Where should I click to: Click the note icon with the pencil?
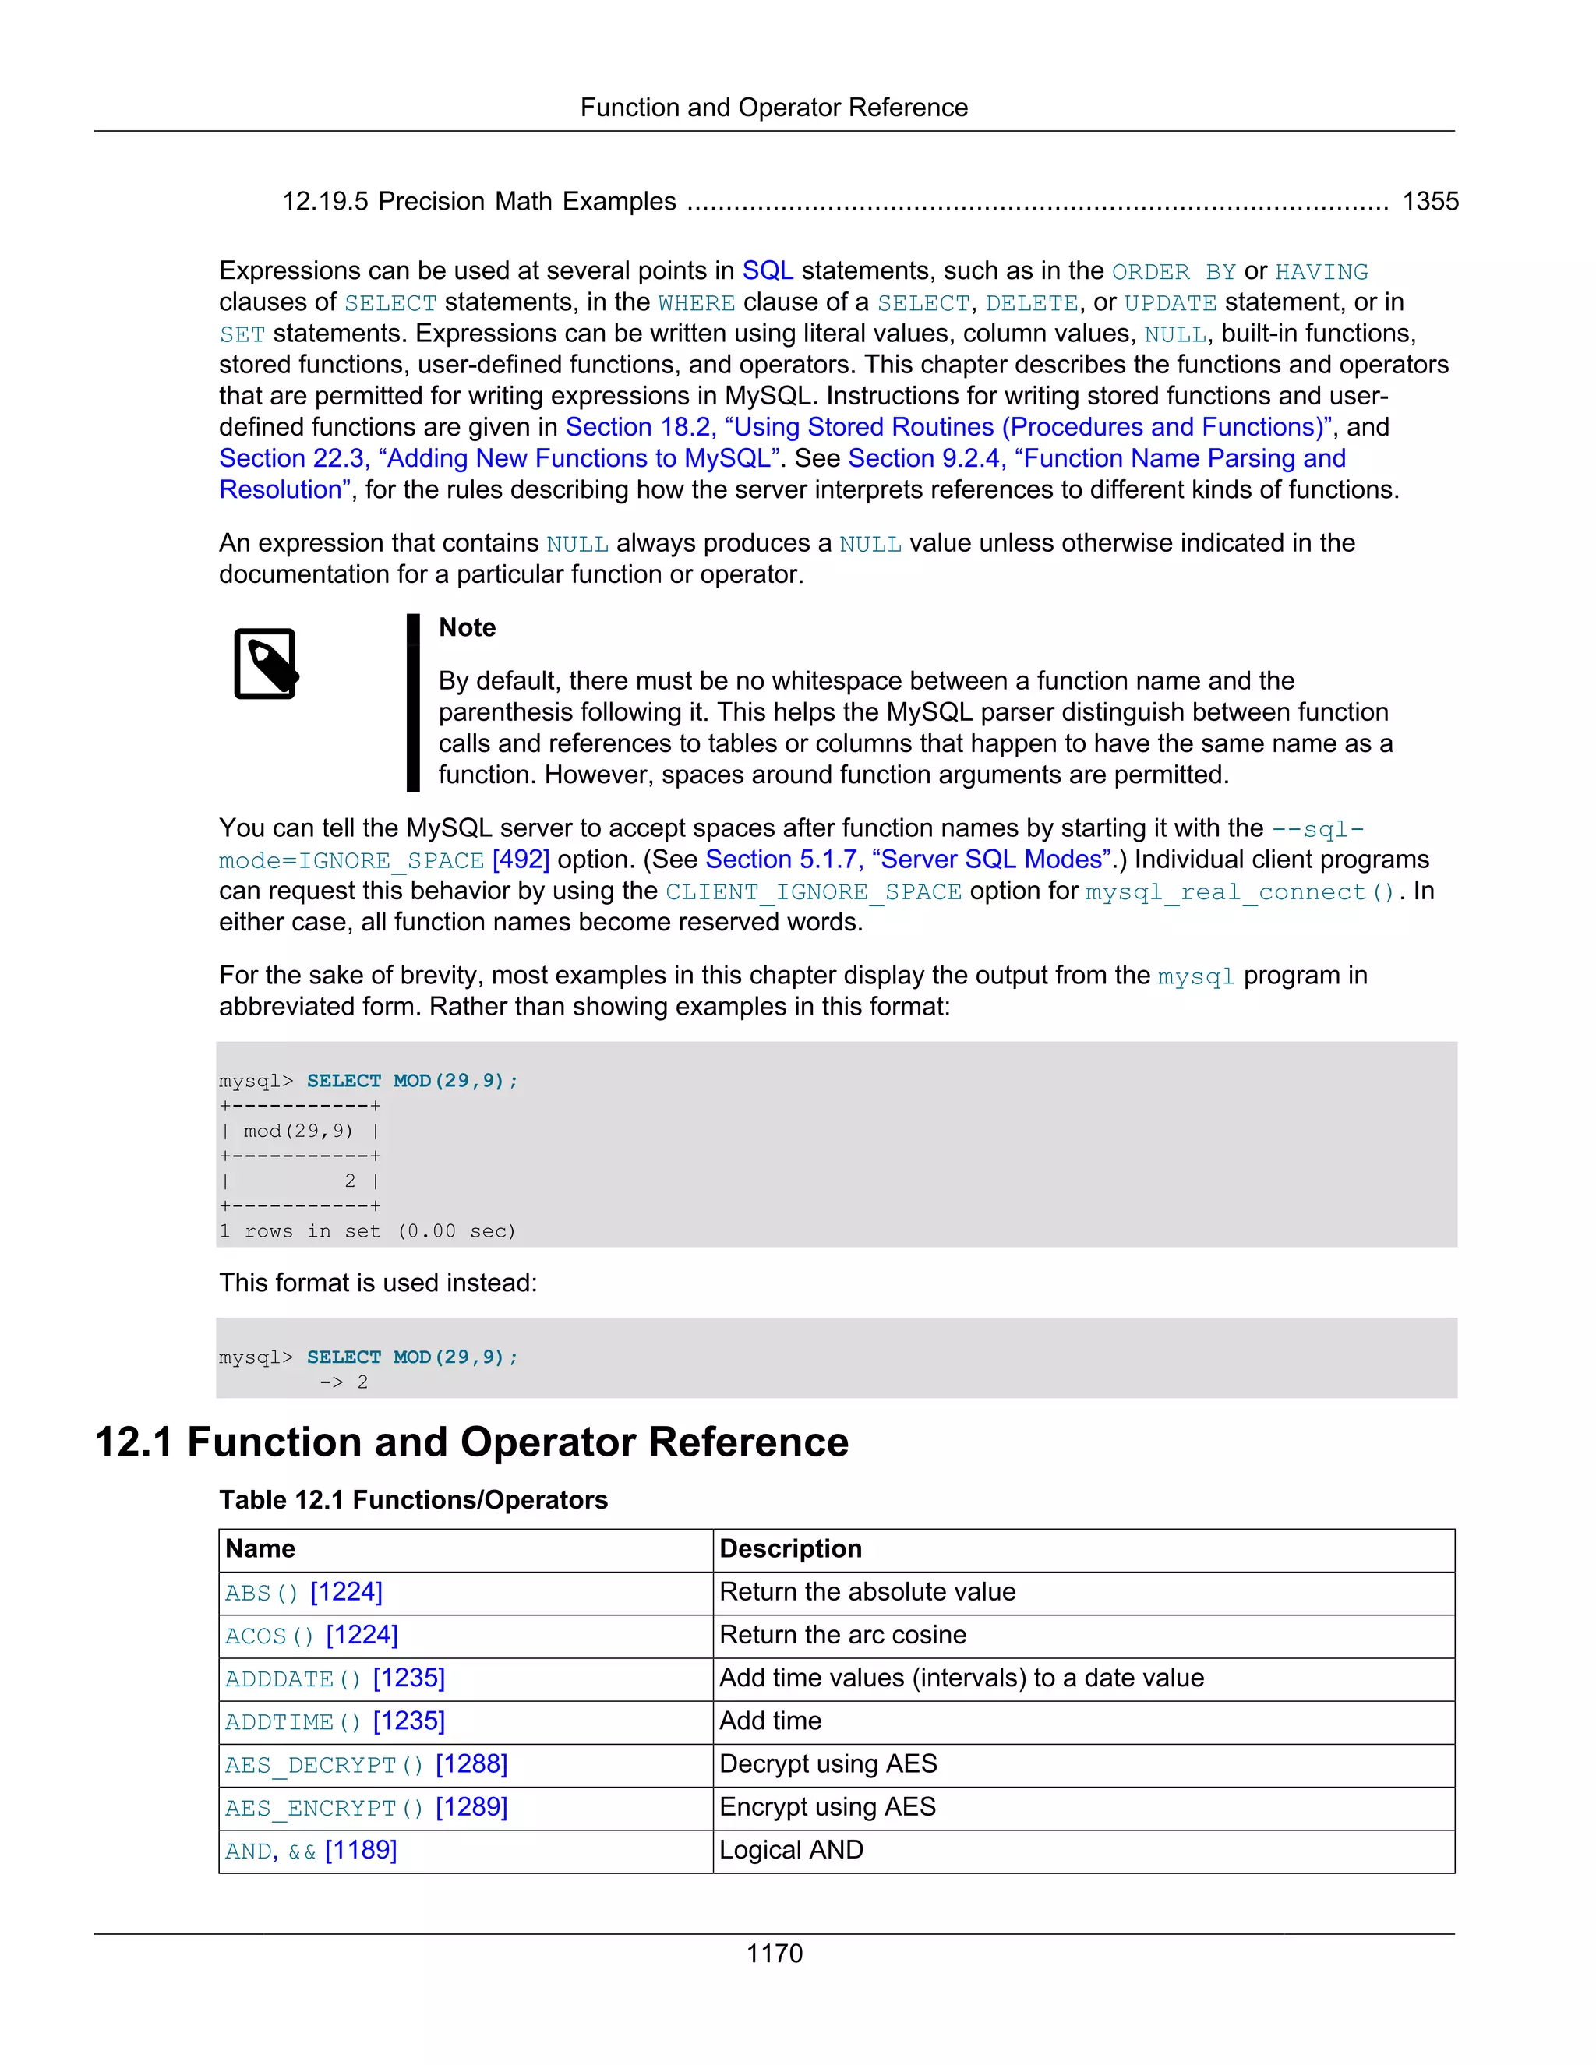[x=266, y=664]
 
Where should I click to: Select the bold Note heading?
[x=467, y=628]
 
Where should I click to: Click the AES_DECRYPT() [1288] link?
[x=366, y=1764]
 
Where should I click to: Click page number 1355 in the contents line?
[x=1429, y=201]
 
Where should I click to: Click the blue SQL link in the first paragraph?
[x=767, y=271]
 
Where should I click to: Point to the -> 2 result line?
[x=344, y=1382]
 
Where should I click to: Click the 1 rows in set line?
[x=368, y=1231]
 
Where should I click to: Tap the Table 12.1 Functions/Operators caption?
[x=413, y=1499]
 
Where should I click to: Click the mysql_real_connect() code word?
[x=1240, y=891]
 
